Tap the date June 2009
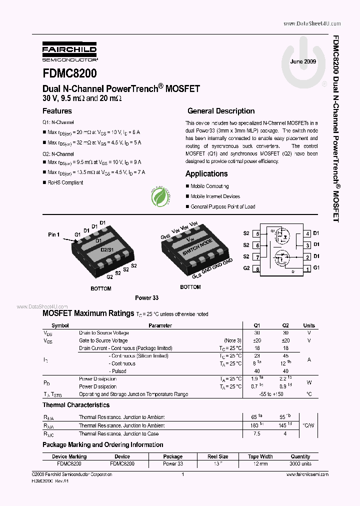point(303,61)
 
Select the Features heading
point(57,111)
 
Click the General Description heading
point(221,111)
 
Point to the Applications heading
point(206,173)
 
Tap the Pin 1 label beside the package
point(54,234)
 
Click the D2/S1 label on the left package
point(107,248)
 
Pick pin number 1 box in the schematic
point(308,268)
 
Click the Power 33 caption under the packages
point(146,297)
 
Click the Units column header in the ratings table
point(309,325)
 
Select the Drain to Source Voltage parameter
point(104,333)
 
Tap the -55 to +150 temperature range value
point(272,394)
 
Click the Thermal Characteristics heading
point(76,405)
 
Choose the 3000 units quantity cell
point(300,463)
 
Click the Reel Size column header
point(218,456)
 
